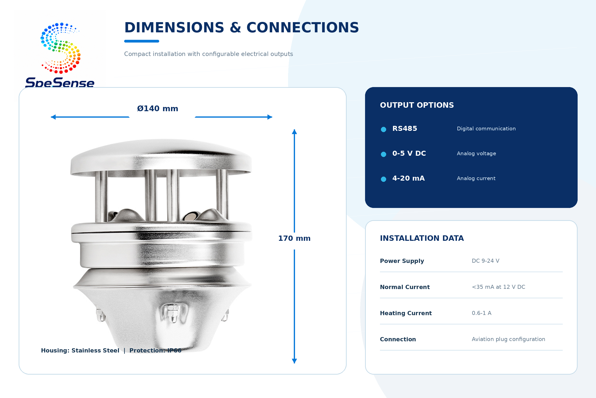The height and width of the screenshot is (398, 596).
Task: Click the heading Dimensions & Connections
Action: [x=241, y=27]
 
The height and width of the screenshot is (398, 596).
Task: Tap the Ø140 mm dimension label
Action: [x=158, y=109]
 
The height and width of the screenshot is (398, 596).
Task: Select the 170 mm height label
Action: [x=294, y=238]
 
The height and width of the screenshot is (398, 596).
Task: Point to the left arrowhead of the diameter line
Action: [x=53, y=117]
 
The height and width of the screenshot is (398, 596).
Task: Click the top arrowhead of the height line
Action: [x=294, y=132]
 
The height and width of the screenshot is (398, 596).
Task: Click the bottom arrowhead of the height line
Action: [x=294, y=361]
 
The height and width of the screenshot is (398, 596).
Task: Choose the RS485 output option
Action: [x=405, y=129]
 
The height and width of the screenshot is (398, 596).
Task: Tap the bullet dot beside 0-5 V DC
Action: [x=383, y=154]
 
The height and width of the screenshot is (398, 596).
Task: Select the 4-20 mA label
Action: [x=409, y=178]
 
